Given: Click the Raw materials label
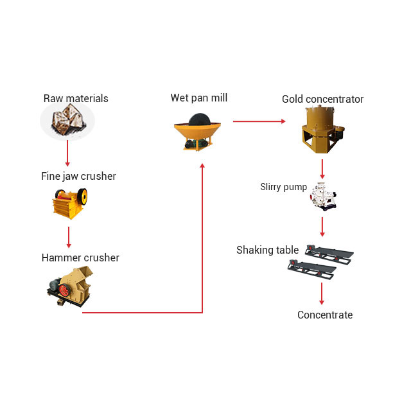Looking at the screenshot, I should click(x=76, y=98).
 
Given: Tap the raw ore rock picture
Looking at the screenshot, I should click(x=67, y=121).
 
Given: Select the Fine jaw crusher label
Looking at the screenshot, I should click(x=78, y=176).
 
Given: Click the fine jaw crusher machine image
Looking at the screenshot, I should click(x=69, y=203).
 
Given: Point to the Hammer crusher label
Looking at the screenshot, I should click(x=80, y=258).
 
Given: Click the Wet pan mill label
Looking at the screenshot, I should click(x=199, y=98).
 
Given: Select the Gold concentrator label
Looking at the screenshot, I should click(x=322, y=99).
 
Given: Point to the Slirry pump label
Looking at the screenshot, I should click(x=283, y=187).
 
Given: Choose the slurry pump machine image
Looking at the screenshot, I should click(x=323, y=196).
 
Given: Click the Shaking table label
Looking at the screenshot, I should click(x=267, y=250).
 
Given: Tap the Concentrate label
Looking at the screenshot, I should click(x=325, y=315).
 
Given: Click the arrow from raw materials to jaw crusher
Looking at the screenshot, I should click(x=67, y=153).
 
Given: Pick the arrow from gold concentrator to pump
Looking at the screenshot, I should click(x=322, y=168).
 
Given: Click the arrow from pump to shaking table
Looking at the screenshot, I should click(x=322, y=225).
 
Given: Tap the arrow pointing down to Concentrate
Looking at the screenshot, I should click(x=322, y=293).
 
